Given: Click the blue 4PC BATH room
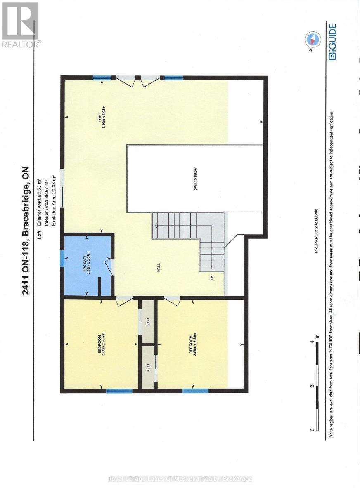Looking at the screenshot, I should click(x=87, y=265).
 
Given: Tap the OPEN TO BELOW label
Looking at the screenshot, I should click(x=195, y=179).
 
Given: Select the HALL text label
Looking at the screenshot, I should click(x=158, y=269).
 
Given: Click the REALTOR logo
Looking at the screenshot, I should click(x=20, y=25).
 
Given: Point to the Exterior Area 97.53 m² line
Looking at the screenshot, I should click(x=40, y=192).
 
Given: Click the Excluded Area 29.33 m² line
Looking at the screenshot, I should click(x=52, y=192).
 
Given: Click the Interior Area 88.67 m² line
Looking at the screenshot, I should click(x=46, y=192).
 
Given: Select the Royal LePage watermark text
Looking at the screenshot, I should click(x=180, y=479).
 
